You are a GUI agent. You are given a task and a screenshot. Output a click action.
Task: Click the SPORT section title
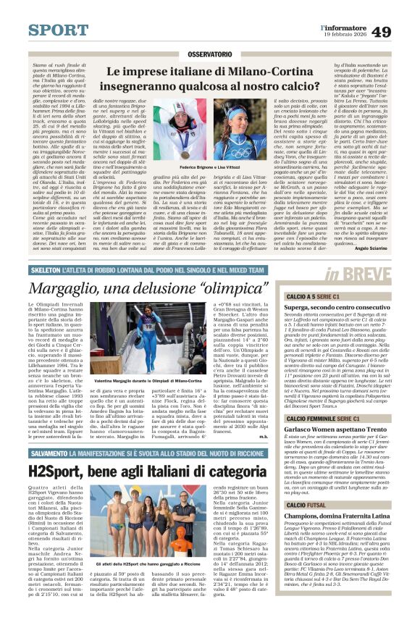pyautogui.click(x=58, y=30)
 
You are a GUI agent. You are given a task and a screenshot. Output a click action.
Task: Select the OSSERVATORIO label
pyautogui.click(x=210, y=55)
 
